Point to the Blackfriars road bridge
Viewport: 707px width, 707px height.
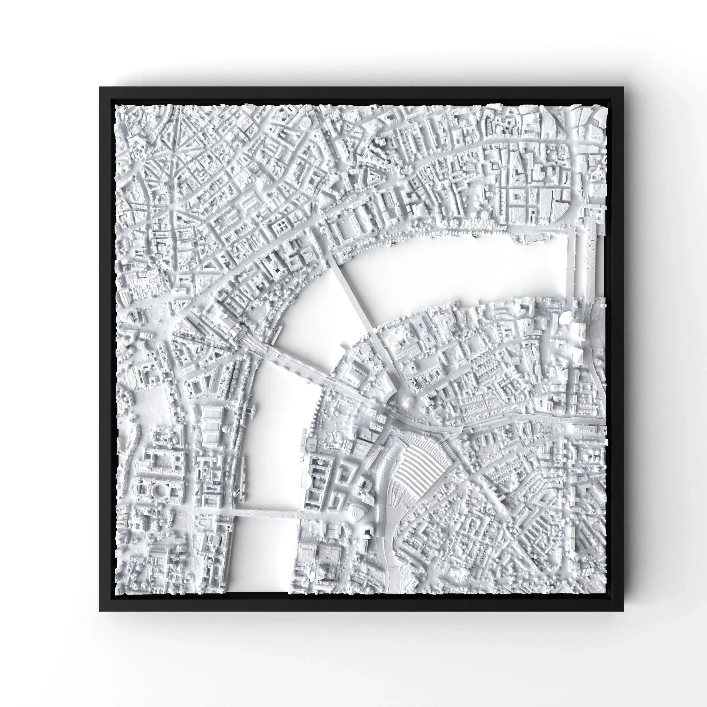(x=571, y=263)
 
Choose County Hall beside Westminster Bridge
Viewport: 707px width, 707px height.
(x=318, y=476)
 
